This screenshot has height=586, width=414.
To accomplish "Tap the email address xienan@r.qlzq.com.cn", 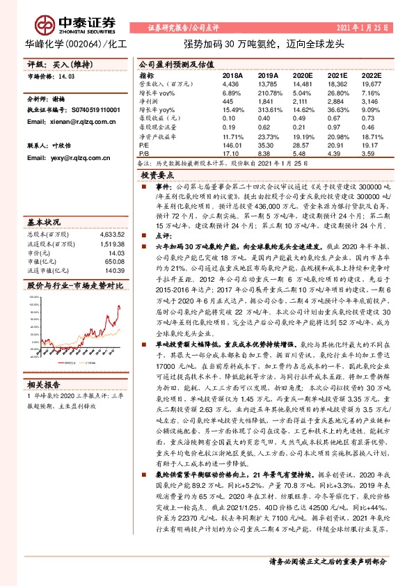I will (71, 121).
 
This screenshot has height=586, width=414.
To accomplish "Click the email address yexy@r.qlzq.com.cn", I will (68, 158).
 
